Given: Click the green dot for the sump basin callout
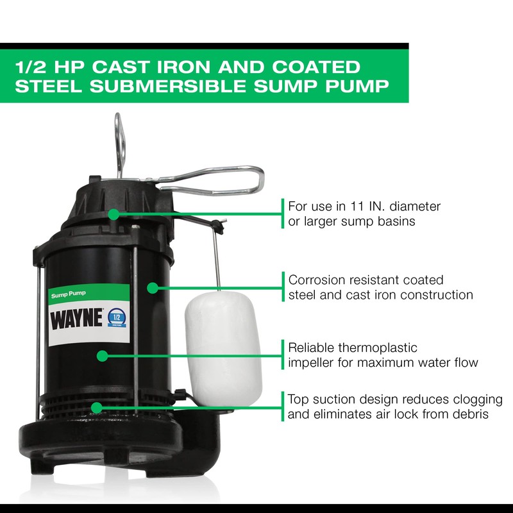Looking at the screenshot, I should [114, 214].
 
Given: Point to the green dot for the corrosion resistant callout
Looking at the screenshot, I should [152, 288].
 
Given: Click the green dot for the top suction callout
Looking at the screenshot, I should [96, 407].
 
